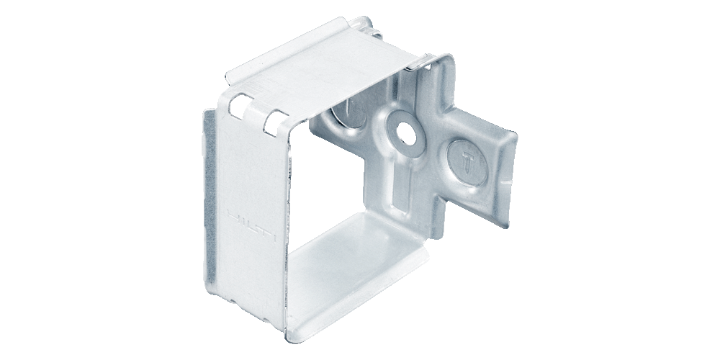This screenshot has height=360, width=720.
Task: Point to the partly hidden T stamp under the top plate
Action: click(x=344, y=115)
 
